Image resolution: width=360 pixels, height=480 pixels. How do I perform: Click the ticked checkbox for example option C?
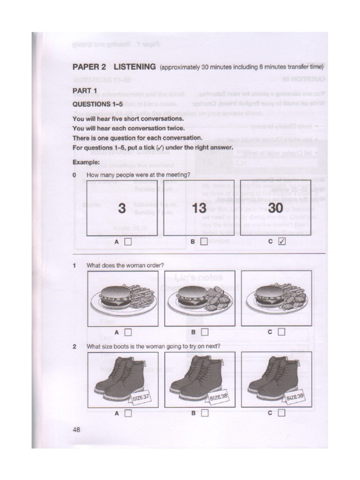point(281,242)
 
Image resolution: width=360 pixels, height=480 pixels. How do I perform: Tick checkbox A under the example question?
point(128,242)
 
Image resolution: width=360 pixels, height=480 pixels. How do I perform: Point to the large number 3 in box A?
point(122,209)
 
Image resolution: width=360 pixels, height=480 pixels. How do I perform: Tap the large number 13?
point(199,209)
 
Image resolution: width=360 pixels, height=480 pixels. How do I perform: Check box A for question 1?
point(128,332)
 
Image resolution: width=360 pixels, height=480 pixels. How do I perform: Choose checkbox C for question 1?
point(281,332)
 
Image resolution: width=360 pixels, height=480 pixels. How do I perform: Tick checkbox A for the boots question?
point(128,413)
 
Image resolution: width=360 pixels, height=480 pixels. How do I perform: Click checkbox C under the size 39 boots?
point(281,413)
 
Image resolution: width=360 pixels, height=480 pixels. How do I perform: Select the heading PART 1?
point(85,90)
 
